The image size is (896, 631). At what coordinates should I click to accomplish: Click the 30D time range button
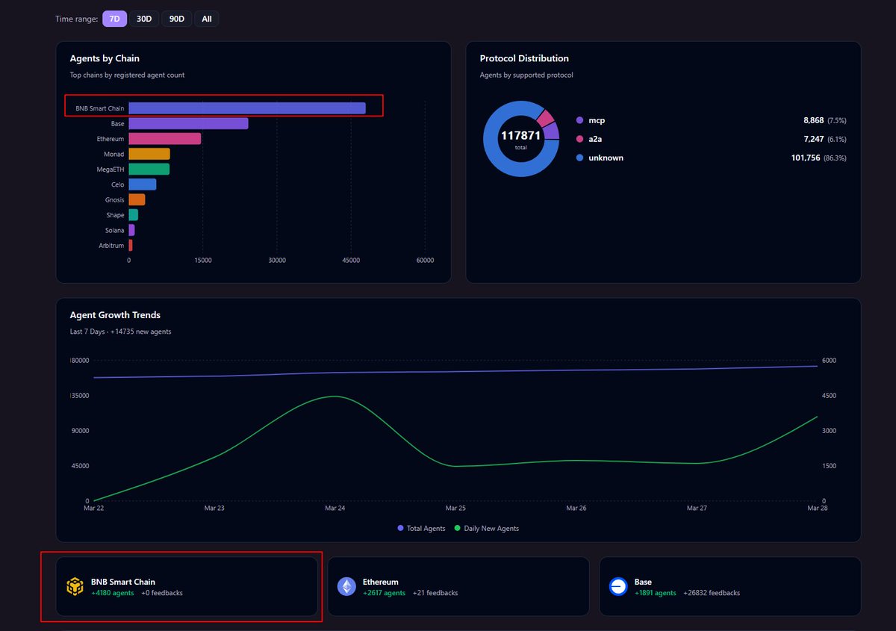144,19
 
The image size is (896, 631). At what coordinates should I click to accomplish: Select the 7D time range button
115,19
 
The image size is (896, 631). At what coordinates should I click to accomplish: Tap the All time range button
207,19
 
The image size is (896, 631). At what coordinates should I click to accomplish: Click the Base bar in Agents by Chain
188,123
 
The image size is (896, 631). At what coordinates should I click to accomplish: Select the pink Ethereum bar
164,139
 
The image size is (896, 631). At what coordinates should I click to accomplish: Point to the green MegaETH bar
149,170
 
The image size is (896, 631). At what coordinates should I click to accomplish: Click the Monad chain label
113,154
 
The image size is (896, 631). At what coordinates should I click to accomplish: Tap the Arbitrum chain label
111,246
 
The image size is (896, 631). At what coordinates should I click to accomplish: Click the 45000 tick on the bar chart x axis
351,260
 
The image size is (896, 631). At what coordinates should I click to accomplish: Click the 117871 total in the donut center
520,136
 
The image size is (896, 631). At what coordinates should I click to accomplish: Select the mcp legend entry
596,120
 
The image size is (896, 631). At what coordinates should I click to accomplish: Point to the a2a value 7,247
809,139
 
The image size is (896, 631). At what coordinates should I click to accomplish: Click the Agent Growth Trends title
115,315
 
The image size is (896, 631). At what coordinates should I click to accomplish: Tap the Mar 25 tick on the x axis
455,508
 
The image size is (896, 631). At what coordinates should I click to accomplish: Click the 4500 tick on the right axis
829,396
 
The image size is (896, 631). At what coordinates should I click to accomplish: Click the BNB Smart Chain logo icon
75,587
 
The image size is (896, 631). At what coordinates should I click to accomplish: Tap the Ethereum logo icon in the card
346,587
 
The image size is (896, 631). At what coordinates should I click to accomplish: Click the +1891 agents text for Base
655,593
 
